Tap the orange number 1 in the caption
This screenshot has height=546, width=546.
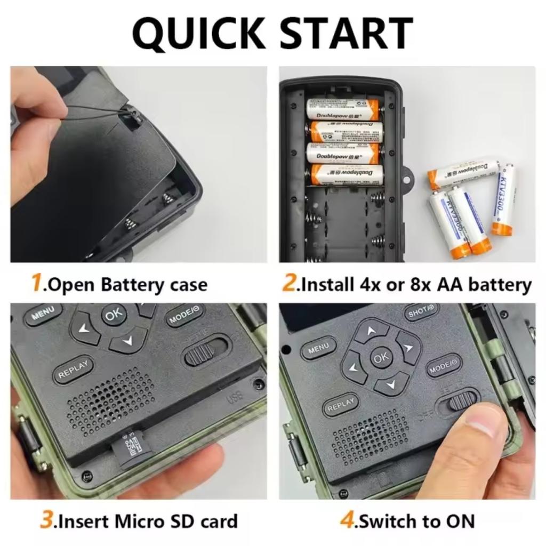(36, 283)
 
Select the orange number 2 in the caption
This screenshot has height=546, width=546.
(288, 283)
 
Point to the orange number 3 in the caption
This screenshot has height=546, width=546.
(47, 520)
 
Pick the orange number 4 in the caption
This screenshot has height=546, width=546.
(347, 520)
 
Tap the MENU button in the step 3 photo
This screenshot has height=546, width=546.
(42, 314)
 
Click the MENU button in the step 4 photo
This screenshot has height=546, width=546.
(318, 348)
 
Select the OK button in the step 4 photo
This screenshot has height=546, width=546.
(381, 358)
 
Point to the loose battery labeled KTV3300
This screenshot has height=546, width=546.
(503, 200)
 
